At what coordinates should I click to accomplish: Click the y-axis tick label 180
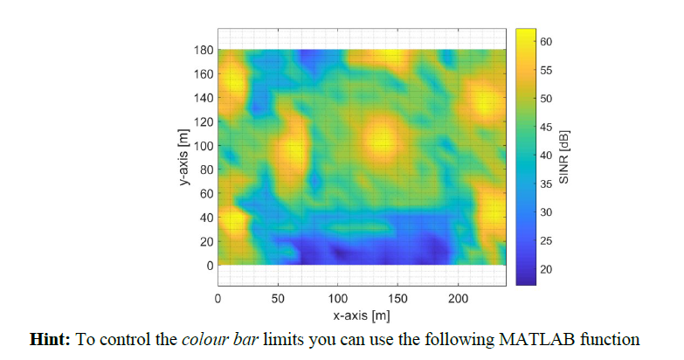coord(203,50)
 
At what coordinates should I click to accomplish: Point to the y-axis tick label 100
coord(203,145)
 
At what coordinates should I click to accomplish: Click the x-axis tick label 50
coord(278,299)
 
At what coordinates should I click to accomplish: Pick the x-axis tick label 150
coord(397,299)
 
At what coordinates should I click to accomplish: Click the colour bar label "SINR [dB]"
coord(564,156)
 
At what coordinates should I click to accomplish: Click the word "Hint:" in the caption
coord(51,339)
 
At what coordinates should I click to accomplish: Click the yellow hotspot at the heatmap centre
coord(382,138)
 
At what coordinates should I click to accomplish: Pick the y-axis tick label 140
coord(203,98)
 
